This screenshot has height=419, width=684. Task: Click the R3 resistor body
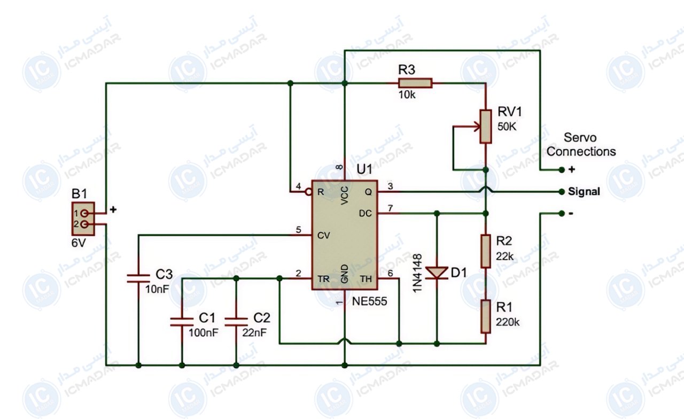(x=415, y=83)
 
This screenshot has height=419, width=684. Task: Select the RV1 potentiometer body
(x=486, y=127)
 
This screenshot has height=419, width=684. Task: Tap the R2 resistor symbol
(x=486, y=251)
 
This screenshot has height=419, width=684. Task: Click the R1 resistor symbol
(x=486, y=316)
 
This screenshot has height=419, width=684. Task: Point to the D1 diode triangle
(x=437, y=273)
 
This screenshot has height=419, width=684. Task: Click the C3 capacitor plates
(x=138, y=278)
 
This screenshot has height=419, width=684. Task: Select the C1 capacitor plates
(x=182, y=322)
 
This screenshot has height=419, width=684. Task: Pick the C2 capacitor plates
(x=236, y=322)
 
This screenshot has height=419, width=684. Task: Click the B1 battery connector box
(x=83, y=219)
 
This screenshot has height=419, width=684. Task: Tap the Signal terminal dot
(x=562, y=192)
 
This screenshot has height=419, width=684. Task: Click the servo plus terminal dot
(x=562, y=170)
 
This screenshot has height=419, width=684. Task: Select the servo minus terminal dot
(x=562, y=213)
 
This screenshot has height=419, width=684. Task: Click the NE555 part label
(x=369, y=301)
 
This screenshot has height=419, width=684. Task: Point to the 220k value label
(x=508, y=322)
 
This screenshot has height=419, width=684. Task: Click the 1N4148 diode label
(x=417, y=273)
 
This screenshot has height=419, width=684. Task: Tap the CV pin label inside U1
(x=324, y=236)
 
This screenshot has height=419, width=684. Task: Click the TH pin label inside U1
(x=366, y=279)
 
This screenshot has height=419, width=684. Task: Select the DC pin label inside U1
(x=366, y=213)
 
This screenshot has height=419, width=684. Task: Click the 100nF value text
(x=204, y=332)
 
